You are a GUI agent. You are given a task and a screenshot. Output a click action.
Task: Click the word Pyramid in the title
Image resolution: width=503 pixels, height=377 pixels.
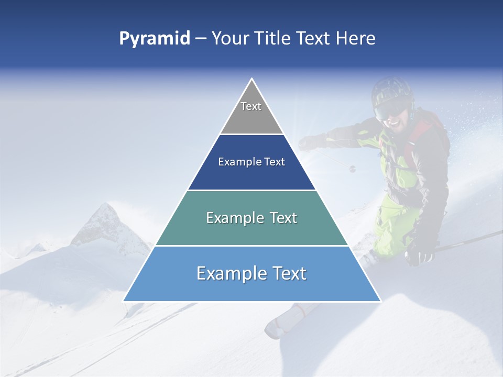click(x=155, y=38)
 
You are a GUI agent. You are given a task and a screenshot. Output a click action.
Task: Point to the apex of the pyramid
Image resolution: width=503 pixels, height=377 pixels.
click(x=252, y=79)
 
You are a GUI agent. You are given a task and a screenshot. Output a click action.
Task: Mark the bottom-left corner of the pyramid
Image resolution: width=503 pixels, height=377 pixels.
click(x=124, y=301)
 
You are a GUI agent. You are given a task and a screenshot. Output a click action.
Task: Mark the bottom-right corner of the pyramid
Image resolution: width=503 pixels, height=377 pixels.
click(x=380, y=301)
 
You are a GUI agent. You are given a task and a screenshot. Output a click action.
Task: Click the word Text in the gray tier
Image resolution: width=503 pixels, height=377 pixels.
click(x=251, y=106)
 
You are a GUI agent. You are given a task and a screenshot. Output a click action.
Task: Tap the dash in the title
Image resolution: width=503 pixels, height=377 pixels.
click(x=201, y=39)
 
